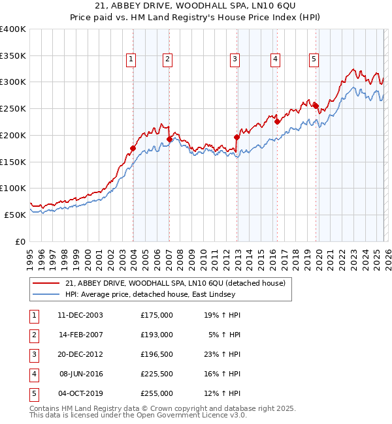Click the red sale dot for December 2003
coord(133,148)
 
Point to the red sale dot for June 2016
coord(277,121)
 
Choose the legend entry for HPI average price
coord(143,294)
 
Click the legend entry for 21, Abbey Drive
coord(175,283)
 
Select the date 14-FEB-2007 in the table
coord(80,335)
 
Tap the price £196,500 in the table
coord(157,354)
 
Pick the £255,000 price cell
coord(157,393)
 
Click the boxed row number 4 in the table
coord(33,374)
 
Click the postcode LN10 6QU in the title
coord(254,8)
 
